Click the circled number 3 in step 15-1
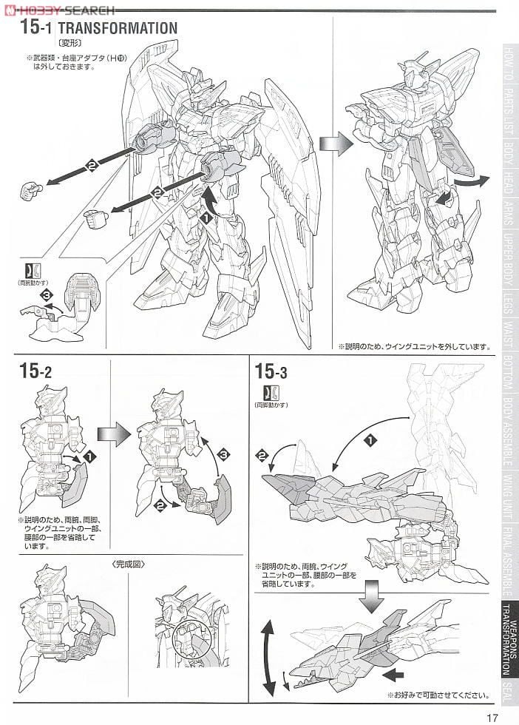[47, 295]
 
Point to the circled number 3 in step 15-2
[226, 453]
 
